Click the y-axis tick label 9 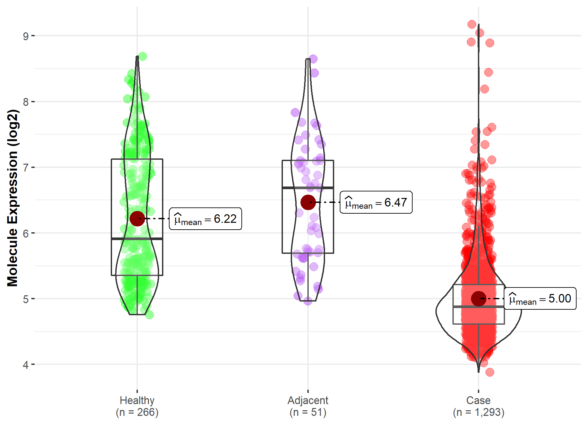coord(26,36)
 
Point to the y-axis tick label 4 coord(26,365)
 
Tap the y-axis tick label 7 coord(26,168)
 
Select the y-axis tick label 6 coord(26,233)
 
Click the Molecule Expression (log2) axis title coord(13,198)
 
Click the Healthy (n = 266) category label coord(137,406)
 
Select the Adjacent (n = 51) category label coord(308,406)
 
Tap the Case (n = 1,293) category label coord(479,406)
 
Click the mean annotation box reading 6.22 coord(205,219)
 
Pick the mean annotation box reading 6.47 coord(376,203)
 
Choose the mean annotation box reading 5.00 coord(540,299)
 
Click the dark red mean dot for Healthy coord(137,219)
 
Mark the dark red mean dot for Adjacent coord(308,202)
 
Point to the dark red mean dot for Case coord(479,299)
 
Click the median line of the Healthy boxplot coord(137,239)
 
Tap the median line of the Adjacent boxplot coord(308,188)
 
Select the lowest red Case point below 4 coord(489,372)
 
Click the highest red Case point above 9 coord(472,24)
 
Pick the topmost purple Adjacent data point coord(313,59)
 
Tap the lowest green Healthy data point coord(149,315)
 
